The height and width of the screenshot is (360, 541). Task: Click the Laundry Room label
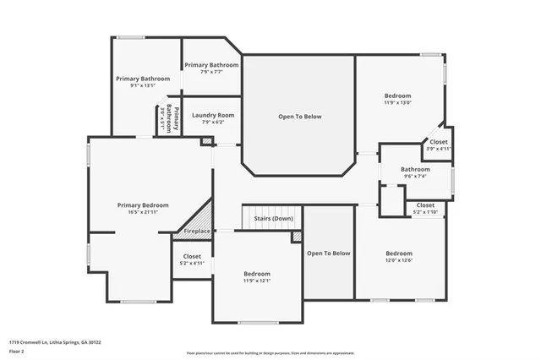click(212, 115)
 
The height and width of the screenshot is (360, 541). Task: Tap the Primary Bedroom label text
click(143, 205)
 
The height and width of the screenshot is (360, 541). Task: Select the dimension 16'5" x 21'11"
click(143, 211)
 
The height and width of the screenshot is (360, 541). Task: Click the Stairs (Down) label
click(273, 219)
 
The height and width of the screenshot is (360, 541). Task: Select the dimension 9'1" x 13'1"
click(143, 85)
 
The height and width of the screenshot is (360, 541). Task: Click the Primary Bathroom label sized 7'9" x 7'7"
click(211, 65)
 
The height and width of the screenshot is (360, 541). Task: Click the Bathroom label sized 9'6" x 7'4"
click(415, 169)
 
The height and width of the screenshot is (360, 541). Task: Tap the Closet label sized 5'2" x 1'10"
click(425, 205)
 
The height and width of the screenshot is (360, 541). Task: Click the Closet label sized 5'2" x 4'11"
click(192, 256)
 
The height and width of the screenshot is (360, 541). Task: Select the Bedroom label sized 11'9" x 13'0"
click(397, 96)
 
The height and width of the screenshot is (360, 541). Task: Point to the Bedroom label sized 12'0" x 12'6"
click(399, 254)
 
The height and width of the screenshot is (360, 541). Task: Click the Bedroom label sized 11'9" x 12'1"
click(257, 274)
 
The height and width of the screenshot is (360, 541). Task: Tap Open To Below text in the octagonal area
click(300, 117)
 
